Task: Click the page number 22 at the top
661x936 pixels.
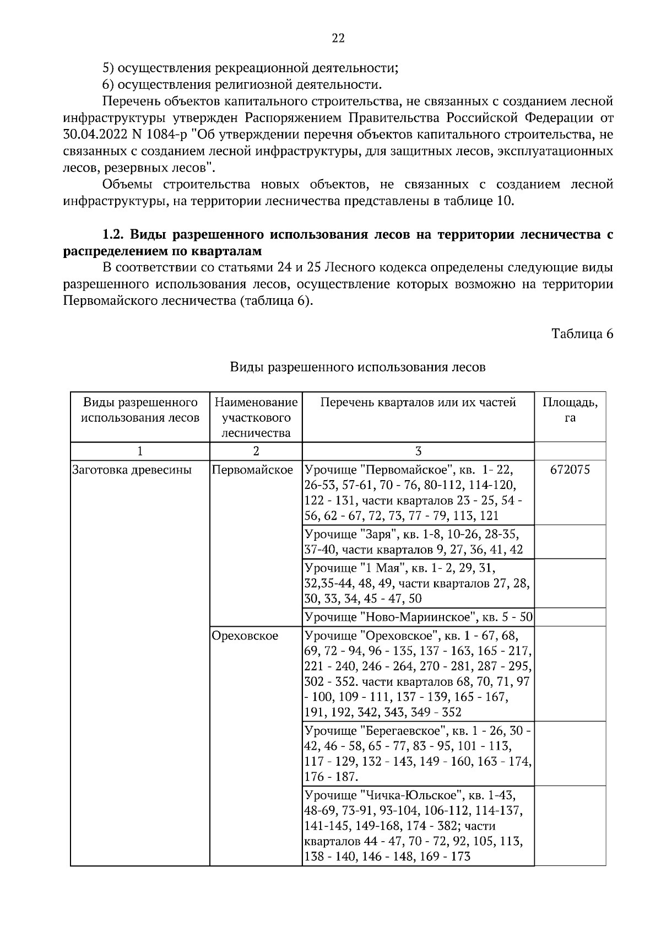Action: coord(338,38)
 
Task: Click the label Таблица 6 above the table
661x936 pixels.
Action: coord(582,334)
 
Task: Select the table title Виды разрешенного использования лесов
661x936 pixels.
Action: coord(357,367)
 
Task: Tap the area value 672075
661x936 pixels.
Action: coord(570,470)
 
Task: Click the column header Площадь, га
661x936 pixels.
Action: coord(570,410)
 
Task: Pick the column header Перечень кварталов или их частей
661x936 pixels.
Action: coord(418,402)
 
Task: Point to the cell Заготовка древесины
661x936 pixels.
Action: coord(132,470)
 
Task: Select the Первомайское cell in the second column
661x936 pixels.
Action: coord(252,470)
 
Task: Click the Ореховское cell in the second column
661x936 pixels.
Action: coord(245,636)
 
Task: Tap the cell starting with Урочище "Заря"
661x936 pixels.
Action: coord(413,542)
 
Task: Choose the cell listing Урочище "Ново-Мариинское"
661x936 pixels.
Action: coord(418,616)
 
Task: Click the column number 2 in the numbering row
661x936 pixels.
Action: coord(256,451)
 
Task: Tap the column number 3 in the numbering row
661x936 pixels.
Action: coord(418,451)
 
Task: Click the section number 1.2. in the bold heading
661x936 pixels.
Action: coord(115,235)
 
